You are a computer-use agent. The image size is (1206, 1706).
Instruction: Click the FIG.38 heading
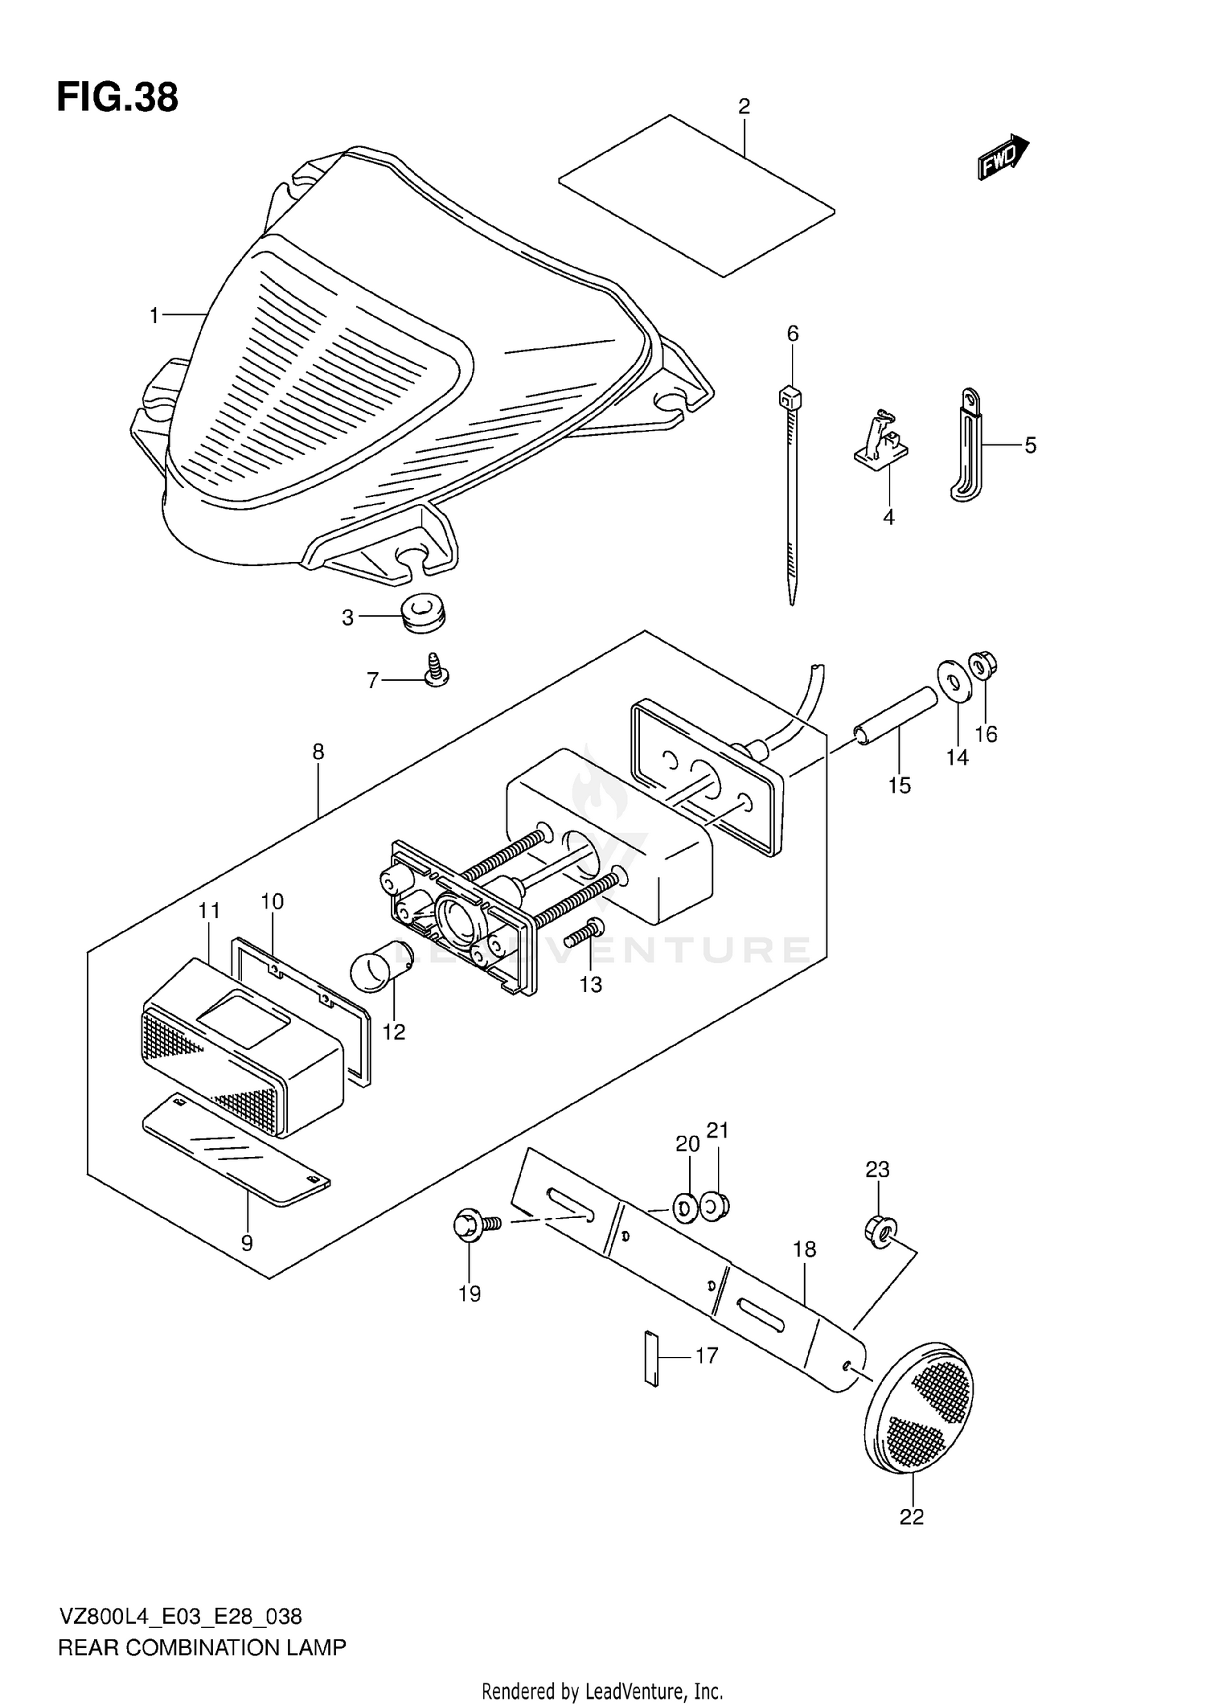(x=117, y=98)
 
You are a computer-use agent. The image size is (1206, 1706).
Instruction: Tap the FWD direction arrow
(x=1003, y=157)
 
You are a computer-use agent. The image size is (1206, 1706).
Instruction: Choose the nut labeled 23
(x=880, y=1229)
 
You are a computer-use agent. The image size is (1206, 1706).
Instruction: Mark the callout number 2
(x=744, y=106)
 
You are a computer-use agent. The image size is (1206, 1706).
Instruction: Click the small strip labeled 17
(x=651, y=1359)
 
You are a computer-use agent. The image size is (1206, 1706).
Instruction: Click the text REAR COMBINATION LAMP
(x=202, y=1647)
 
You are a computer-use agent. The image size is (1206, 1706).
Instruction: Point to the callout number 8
(x=318, y=752)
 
